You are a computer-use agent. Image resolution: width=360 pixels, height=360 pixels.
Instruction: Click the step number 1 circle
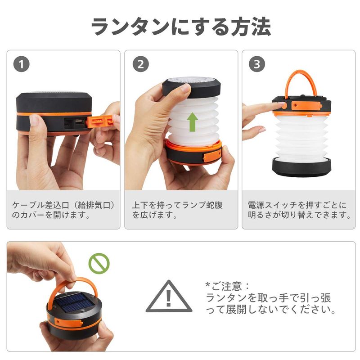[21, 64]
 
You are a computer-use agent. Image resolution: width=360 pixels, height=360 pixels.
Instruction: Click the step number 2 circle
[140, 64]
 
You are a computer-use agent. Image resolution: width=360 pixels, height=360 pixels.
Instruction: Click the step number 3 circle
[257, 64]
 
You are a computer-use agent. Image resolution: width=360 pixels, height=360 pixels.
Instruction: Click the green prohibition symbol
[99, 264]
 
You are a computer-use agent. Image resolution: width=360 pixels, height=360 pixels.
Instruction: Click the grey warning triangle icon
[169, 296]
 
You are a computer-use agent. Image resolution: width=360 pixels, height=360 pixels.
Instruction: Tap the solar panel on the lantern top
[75, 303]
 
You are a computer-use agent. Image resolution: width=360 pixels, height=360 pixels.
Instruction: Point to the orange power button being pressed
[284, 106]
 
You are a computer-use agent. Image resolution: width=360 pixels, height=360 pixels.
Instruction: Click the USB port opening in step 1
[79, 121]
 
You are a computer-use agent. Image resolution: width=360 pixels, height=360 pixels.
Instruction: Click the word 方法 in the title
[251, 27]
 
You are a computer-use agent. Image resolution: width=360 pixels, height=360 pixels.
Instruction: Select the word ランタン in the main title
[130, 27]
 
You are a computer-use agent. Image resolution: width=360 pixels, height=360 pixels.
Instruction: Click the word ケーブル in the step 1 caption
[29, 205]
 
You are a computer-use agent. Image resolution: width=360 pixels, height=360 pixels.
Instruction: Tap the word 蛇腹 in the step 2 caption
[214, 205]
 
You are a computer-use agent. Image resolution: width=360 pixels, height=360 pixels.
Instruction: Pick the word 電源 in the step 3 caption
[256, 205]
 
